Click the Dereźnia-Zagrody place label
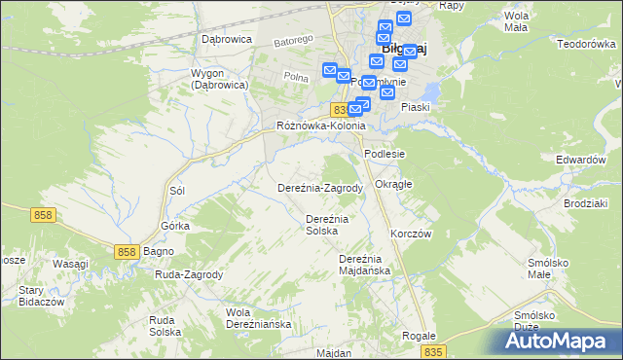tap(320, 188)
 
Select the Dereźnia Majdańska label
tap(364, 265)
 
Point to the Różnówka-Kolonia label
tap(320, 126)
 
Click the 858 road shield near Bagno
tap(127, 252)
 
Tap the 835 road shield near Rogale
tap(435, 351)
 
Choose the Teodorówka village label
tap(584, 44)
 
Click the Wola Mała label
tap(516, 21)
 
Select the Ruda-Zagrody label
tap(189, 274)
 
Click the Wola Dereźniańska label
tap(258, 318)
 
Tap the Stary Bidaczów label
tap(34, 297)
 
